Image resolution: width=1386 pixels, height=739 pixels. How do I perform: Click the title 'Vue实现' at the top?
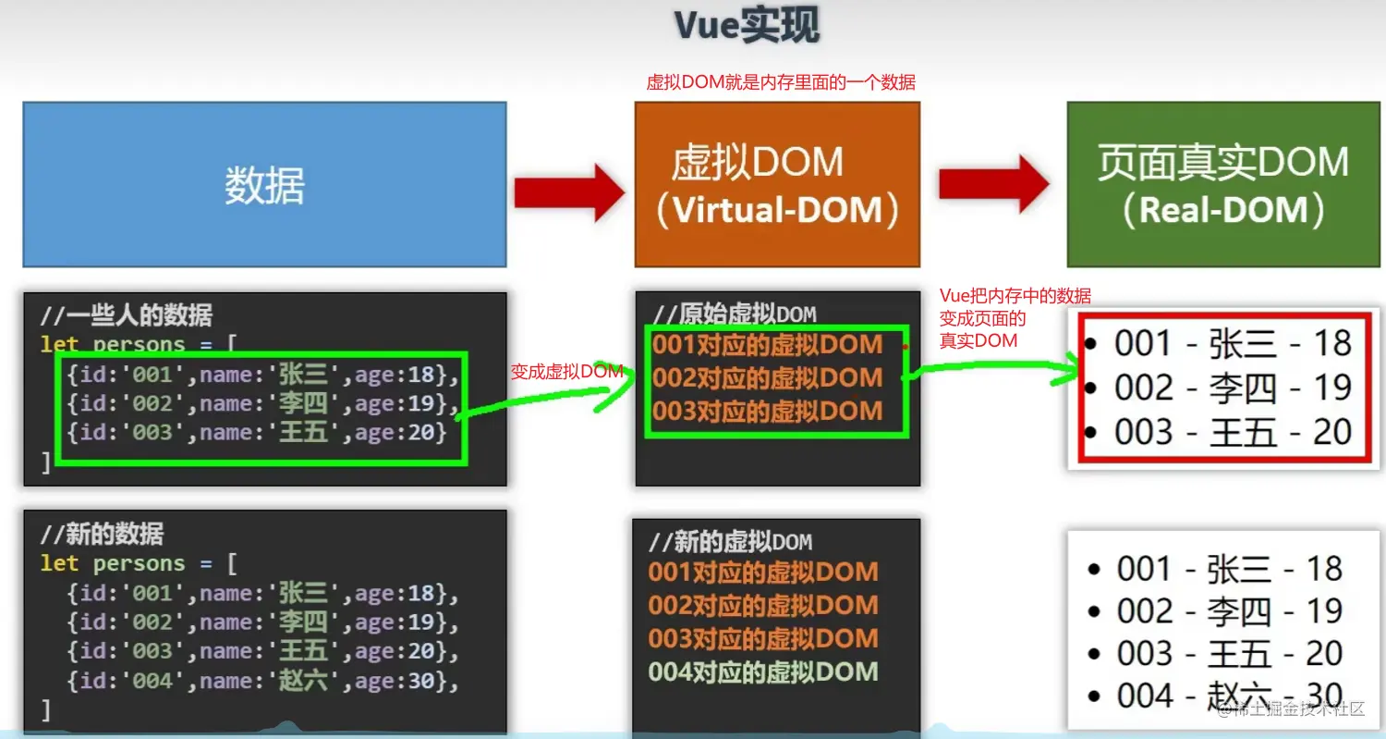pos(746,26)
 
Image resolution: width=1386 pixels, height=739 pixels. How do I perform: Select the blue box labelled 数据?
pos(264,185)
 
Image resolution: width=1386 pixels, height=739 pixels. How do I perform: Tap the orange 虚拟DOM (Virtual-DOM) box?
pos(776,185)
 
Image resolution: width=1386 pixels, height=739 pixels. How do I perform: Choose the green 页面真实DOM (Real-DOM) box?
pos(1222,185)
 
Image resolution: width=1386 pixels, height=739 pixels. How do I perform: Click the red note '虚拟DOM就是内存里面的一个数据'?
pos(781,83)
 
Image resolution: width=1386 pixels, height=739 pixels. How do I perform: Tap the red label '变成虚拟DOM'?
pos(565,372)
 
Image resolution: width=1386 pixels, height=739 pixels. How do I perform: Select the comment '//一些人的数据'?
pos(126,315)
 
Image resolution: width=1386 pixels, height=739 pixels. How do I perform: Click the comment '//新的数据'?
pos(102,534)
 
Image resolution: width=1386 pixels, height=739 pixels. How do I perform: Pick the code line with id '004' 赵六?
pos(262,682)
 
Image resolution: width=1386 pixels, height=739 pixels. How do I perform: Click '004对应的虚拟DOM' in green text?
pos(763,672)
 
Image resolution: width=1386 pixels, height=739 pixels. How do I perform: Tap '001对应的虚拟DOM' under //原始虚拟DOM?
pos(768,345)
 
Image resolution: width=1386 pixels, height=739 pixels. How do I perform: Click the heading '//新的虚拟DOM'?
pos(730,542)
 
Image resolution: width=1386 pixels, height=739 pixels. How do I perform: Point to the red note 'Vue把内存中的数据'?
pos(1015,296)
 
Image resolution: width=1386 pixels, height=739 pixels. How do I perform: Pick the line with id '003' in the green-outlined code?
pos(256,432)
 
